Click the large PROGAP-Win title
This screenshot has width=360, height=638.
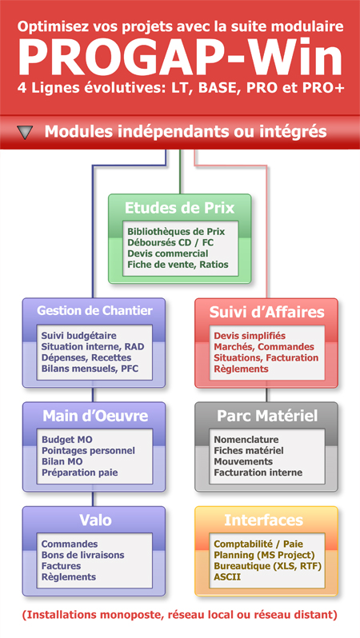(x=180, y=57)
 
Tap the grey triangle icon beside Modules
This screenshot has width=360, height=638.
(x=26, y=132)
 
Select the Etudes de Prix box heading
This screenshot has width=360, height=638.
(x=179, y=208)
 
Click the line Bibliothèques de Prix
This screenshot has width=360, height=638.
(x=176, y=232)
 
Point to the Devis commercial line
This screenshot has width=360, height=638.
(x=168, y=253)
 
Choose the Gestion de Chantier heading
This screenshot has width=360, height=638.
(x=94, y=310)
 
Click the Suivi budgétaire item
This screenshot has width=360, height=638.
(x=79, y=336)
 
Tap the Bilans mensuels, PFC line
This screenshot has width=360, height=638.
(x=90, y=369)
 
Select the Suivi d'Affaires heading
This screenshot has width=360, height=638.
(x=266, y=312)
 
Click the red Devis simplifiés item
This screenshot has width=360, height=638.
(x=250, y=336)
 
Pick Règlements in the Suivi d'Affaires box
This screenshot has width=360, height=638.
(x=241, y=369)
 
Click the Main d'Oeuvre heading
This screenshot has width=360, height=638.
(x=95, y=416)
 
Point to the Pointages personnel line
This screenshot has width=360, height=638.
(x=88, y=451)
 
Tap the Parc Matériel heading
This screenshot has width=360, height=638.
(x=267, y=416)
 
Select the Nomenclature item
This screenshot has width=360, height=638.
(x=246, y=440)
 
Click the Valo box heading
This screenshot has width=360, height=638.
(x=95, y=520)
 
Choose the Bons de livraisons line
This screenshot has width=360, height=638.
(x=83, y=555)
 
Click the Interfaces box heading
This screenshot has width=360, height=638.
(x=264, y=520)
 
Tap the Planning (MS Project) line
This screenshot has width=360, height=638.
(x=264, y=555)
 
